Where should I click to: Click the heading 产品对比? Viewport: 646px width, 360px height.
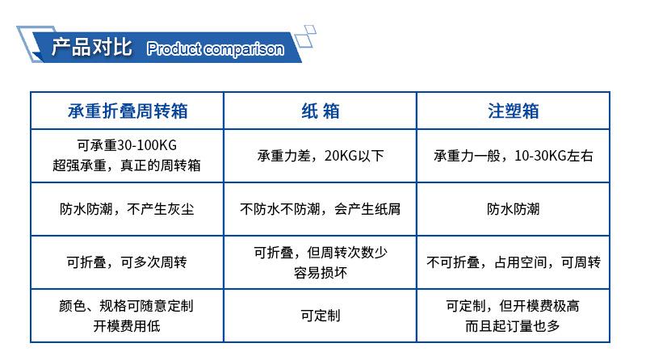(91, 46)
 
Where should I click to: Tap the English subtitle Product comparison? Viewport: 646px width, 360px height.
(215, 48)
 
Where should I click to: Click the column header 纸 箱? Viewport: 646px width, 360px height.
(320, 111)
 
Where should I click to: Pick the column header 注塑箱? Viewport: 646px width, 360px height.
(513, 111)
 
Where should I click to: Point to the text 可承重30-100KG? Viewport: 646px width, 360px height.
(127, 145)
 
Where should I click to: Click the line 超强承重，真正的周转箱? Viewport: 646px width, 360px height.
(127, 165)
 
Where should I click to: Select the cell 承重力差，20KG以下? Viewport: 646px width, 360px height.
(320, 156)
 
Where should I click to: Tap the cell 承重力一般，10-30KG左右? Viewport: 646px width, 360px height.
(513, 156)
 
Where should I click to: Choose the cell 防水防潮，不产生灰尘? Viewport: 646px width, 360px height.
(127, 209)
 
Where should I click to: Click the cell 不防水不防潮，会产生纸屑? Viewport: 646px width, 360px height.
(320, 209)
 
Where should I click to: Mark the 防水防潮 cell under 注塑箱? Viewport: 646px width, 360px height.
(513, 209)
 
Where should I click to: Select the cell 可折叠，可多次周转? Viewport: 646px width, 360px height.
(127, 262)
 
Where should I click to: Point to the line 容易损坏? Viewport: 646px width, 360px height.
(320, 273)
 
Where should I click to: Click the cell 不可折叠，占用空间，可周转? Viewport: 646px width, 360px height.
(513, 262)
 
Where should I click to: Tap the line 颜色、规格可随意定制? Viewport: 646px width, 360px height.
(127, 306)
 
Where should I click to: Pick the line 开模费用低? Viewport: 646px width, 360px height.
(127, 326)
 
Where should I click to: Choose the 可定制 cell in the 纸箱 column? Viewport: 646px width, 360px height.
(320, 316)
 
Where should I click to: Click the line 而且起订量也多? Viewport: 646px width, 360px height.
(513, 326)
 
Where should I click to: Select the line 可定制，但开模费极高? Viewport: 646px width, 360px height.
(513, 306)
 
